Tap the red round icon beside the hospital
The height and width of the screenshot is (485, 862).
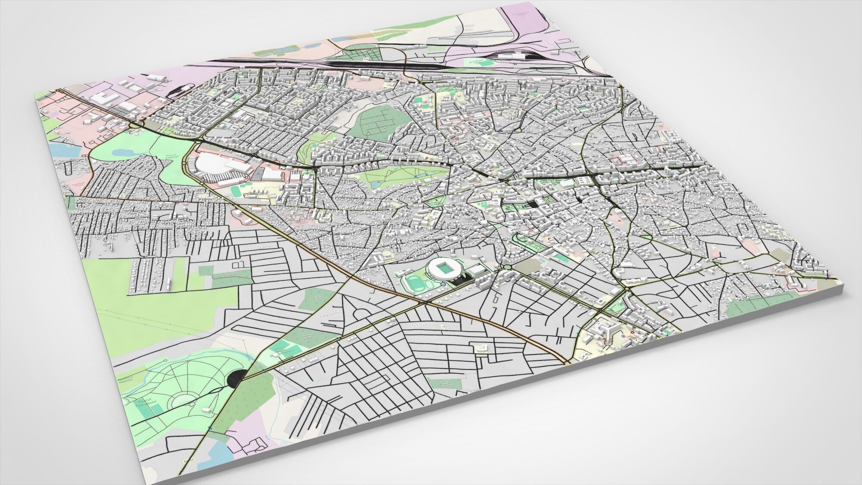click(632, 333)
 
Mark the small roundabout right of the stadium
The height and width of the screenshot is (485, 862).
click(507, 267)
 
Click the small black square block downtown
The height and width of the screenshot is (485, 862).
click(534, 205)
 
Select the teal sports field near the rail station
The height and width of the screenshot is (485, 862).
click(487, 63)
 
